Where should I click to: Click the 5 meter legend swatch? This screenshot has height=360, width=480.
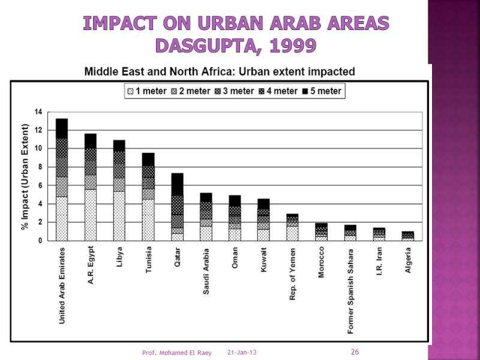tap(305, 91)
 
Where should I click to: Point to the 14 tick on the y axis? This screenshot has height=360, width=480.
tap(38, 112)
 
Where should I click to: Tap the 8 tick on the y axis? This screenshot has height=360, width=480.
tap(39, 167)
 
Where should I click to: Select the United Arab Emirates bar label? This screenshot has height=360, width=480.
tap(62, 285)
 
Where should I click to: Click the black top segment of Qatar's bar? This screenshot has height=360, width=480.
tap(177, 184)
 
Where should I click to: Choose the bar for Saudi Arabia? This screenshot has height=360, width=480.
tap(206, 217)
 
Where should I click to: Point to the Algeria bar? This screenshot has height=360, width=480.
tap(407, 236)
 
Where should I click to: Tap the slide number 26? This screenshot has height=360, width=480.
tap(355, 352)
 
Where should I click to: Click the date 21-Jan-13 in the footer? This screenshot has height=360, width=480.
tap(242, 352)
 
